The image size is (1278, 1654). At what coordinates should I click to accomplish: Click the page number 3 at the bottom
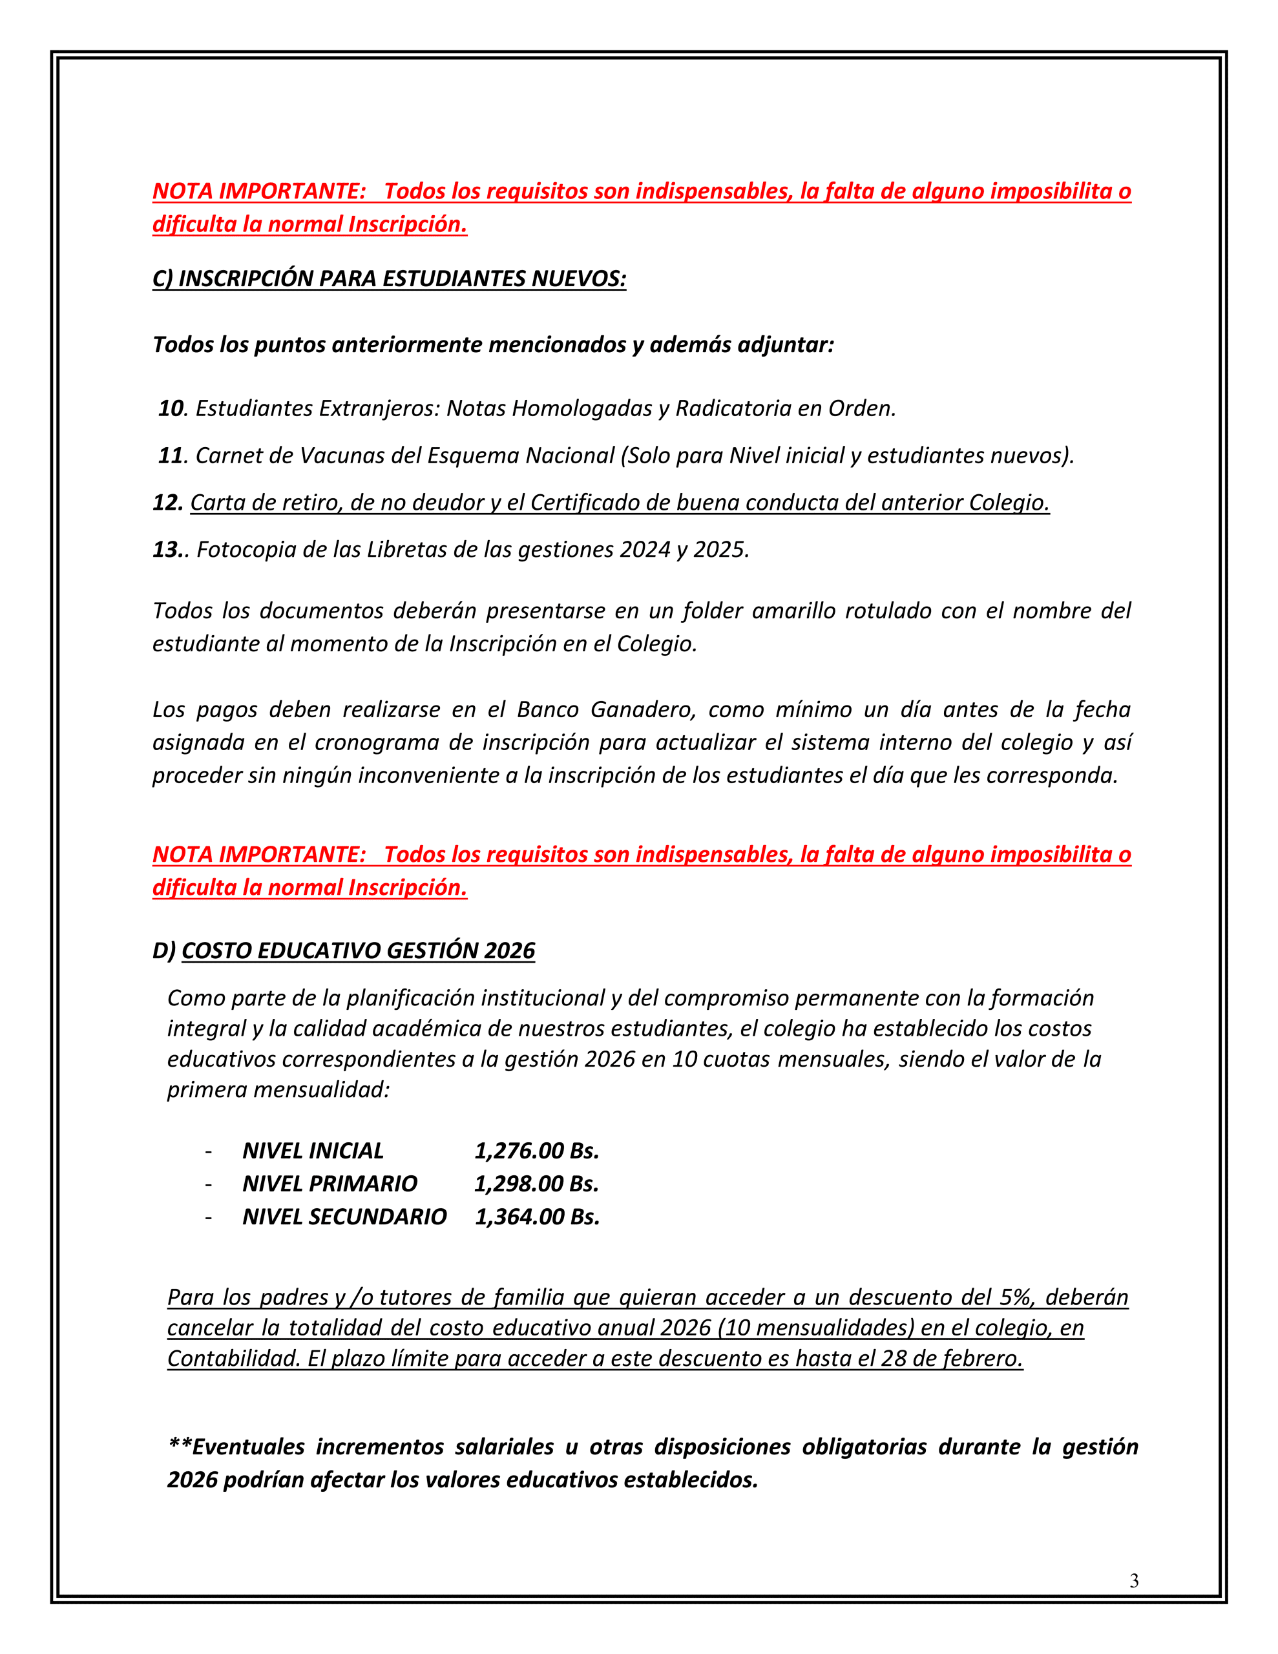click(x=1133, y=1580)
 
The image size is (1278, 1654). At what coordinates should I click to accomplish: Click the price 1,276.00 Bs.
click(x=536, y=1151)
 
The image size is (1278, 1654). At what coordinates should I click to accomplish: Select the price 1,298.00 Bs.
click(x=536, y=1183)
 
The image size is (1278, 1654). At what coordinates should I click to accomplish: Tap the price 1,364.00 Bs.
click(x=536, y=1216)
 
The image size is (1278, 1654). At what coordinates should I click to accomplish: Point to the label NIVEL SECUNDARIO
click(x=344, y=1216)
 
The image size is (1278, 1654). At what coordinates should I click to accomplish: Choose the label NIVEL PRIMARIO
click(x=330, y=1183)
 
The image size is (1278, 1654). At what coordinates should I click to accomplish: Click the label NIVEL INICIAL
click(x=313, y=1151)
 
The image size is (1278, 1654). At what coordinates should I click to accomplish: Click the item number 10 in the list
click(x=171, y=408)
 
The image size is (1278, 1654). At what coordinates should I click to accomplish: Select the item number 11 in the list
click(x=171, y=455)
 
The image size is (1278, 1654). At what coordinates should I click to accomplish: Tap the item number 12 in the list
click(x=167, y=502)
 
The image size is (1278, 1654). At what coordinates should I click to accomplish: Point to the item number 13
click(x=167, y=549)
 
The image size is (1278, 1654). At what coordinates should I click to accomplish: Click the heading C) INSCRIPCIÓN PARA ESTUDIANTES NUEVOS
click(x=390, y=278)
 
